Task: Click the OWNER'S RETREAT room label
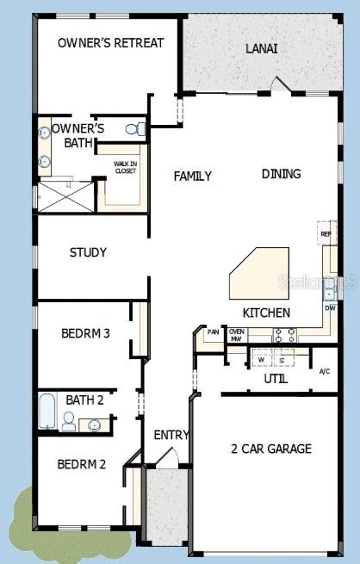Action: coord(110,43)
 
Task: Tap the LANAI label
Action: coord(261,49)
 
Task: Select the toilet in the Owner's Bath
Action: coord(134,129)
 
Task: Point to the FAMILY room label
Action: coord(192,177)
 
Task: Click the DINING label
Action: coord(281,174)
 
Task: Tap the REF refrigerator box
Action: coord(326,234)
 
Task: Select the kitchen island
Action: coord(258,273)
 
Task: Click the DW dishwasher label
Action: coord(330,307)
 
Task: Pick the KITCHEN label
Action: coord(266,313)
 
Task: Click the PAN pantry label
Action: coord(212,332)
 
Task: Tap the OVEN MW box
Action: coord(236,335)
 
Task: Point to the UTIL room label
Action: coord(276,379)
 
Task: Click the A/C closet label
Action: coord(324,372)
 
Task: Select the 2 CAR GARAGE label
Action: coord(271,449)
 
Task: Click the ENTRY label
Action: coord(171,435)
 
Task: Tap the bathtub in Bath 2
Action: coord(47,412)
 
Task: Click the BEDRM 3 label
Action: coord(85,334)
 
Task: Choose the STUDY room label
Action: coord(88,252)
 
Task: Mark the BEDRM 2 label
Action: coord(82,464)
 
